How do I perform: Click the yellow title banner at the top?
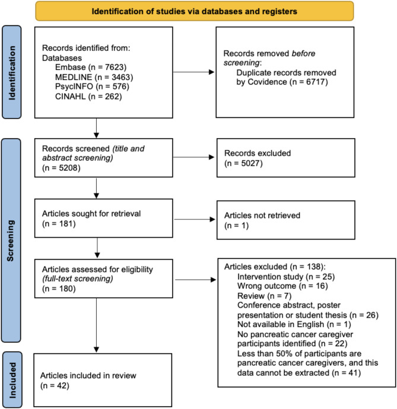click(195, 11)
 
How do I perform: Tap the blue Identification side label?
click(12, 72)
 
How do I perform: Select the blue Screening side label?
click(11, 240)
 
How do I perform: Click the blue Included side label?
click(12, 380)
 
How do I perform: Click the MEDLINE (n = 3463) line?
click(94, 77)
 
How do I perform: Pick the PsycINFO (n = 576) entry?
click(92, 87)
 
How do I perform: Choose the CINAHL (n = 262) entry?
click(88, 97)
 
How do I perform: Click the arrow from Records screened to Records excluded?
click(193, 157)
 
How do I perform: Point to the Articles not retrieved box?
click(286, 220)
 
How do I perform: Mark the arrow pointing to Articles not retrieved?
click(194, 219)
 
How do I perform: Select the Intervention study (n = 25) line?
click(286, 276)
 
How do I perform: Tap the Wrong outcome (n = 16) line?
click(282, 286)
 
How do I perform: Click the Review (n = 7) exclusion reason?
click(264, 296)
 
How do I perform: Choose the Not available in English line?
click(294, 324)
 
